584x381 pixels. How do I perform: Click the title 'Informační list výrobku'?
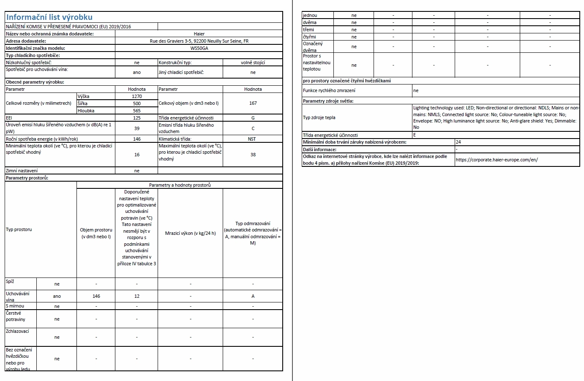49,17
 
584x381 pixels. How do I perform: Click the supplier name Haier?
199,34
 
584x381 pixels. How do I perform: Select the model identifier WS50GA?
199,48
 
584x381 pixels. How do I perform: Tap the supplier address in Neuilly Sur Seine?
199,41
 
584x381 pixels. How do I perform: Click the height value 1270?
136,96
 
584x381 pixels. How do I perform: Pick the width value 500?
136,103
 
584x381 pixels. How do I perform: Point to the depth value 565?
136,111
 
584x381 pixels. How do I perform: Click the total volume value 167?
253,103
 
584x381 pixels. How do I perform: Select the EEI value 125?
136,118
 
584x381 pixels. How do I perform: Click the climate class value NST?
253,139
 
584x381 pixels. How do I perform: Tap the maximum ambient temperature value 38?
253,155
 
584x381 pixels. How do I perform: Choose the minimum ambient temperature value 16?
136,155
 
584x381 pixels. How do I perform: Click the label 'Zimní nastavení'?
22,171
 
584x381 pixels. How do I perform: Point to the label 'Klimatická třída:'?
175,139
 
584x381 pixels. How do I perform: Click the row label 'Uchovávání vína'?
17,296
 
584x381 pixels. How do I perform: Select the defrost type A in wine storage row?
253,296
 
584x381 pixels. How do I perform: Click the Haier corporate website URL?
497,160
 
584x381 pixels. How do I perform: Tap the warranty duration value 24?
458,142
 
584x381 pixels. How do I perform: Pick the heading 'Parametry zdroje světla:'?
328,101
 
